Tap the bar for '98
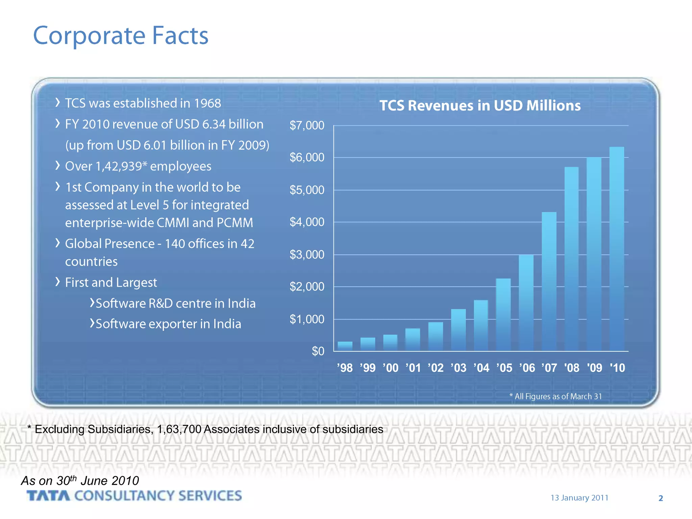(345, 346)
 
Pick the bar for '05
(503, 314)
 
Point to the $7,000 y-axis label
(307, 125)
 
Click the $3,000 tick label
(307, 254)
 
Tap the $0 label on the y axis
(318, 351)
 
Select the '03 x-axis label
(459, 368)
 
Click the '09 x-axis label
(594, 368)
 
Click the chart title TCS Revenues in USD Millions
(480, 105)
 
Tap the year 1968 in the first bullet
(207, 103)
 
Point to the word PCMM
(235, 222)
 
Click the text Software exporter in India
(168, 324)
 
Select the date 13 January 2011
(579, 498)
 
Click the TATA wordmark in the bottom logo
(48, 496)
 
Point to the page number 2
(661, 498)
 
